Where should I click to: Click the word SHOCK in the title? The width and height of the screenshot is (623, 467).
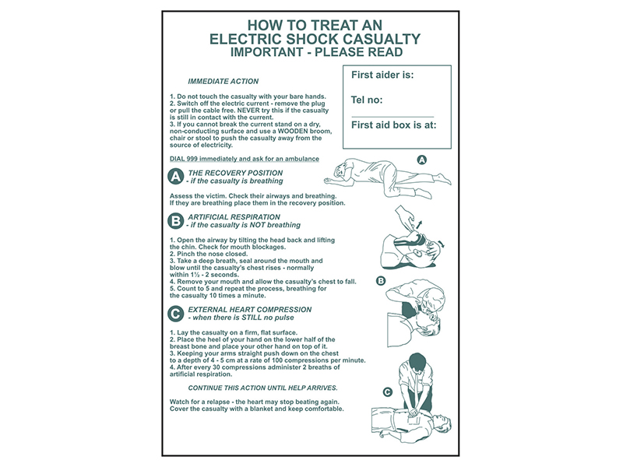(327, 39)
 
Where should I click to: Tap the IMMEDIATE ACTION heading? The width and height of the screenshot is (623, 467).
(224, 81)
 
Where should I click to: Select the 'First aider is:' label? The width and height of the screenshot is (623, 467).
(382, 75)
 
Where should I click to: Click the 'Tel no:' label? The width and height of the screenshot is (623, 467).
(368, 100)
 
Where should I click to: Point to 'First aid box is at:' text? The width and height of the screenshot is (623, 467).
(393, 124)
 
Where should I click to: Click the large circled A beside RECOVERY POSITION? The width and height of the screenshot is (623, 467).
(177, 177)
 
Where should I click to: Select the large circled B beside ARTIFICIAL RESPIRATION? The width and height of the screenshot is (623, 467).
(177, 221)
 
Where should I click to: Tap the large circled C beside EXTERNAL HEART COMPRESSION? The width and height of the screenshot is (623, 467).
(177, 314)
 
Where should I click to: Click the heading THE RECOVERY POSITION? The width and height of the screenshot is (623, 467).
(235, 173)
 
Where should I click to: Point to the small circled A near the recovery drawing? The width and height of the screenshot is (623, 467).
(422, 159)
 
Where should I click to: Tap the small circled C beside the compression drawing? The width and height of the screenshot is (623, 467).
(387, 392)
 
